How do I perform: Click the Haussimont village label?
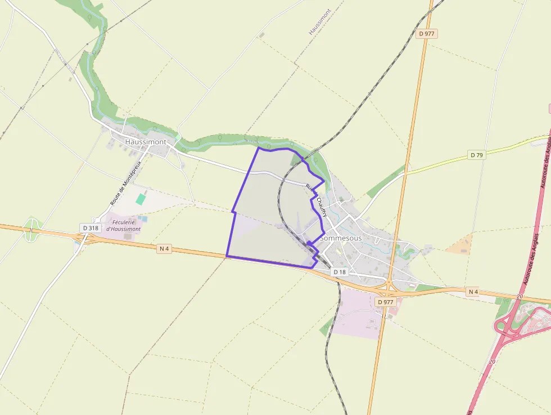pyautogui.click(x=146, y=142)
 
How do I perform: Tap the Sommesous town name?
pyautogui.click(x=340, y=238)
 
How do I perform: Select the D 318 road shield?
pyautogui.click(x=89, y=228)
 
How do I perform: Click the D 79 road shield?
pyautogui.click(x=476, y=155)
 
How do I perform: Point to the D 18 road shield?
pyautogui.click(x=340, y=272)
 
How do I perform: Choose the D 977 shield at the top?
pyautogui.click(x=427, y=34)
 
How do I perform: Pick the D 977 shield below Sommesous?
pyautogui.click(x=386, y=302)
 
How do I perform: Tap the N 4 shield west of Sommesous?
pyautogui.click(x=164, y=248)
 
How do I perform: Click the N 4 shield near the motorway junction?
pyautogui.click(x=473, y=292)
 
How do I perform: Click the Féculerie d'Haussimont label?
pyautogui.click(x=123, y=226)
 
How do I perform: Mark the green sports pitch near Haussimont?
pyautogui.click(x=140, y=199)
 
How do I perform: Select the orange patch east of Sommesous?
pyautogui.click(x=459, y=245)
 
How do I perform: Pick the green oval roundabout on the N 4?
pyautogui.click(x=31, y=231)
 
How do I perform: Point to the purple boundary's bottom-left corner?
pyautogui.click(x=227, y=256)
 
